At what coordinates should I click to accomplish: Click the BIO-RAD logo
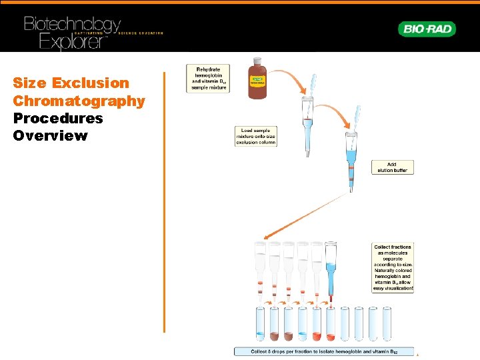pyautogui.click(x=427, y=29)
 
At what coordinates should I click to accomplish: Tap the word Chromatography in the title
pyautogui.click(x=79, y=101)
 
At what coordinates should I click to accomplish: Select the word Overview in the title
pyautogui.click(x=50, y=136)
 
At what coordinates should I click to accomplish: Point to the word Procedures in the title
pyautogui.click(x=58, y=119)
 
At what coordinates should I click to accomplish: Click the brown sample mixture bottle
pyautogui.click(x=257, y=82)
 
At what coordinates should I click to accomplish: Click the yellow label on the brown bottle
pyautogui.click(x=257, y=80)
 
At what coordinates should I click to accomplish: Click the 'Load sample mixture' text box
pyautogui.click(x=255, y=135)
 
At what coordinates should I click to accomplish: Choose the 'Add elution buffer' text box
pyautogui.click(x=391, y=167)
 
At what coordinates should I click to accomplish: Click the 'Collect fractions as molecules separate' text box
pyautogui.click(x=393, y=267)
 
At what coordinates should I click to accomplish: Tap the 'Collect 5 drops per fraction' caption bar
pyautogui.click(x=324, y=351)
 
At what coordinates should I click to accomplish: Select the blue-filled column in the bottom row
pyautogui.click(x=331, y=267)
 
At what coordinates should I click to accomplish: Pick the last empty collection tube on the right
pyautogui.click(x=387, y=324)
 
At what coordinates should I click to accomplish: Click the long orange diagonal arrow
pyautogui.click(x=307, y=213)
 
